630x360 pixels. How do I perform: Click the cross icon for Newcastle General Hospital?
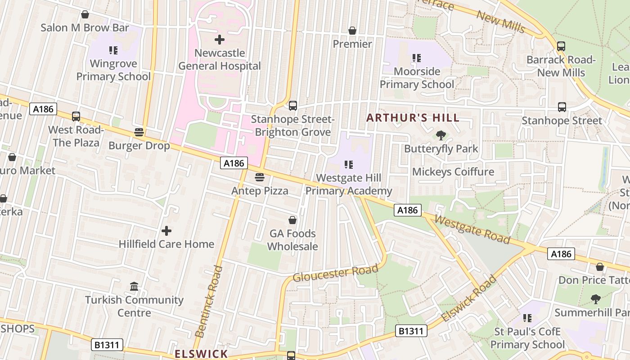click(x=220, y=40)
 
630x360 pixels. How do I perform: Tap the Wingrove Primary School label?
click(x=113, y=70)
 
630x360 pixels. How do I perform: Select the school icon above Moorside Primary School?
click(x=417, y=58)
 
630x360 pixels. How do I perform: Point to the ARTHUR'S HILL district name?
click(x=413, y=118)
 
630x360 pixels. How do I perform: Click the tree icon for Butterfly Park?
click(x=441, y=135)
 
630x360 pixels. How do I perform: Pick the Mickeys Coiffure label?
click(x=453, y=172)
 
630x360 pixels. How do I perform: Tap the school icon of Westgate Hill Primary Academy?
click(x=349, y=165)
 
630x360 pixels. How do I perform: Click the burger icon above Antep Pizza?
click(x=259, y=177)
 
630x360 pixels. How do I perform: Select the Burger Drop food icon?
click(x=139, y=132)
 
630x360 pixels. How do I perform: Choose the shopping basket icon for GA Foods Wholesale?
click(x=292, y=220)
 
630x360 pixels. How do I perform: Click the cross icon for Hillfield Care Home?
click(x=166, y=231)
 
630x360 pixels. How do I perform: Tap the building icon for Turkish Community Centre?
click(x=134, y=287)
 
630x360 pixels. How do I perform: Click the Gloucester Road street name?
click(x=335, y=273)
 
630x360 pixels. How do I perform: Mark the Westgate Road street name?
click(x=472, y=229)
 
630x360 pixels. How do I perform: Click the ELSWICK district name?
click(x=201, y=354)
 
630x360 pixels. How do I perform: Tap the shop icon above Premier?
click(x=352, y=31)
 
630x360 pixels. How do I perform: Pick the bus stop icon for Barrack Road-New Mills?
click(x=561, y=46)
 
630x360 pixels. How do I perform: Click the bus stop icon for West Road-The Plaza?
click(x=76, y=117)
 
